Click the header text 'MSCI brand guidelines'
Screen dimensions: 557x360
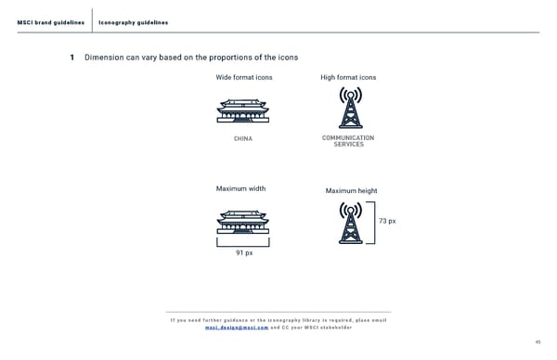pyautogui.click(x=51, y=22)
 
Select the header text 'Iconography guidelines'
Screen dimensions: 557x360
pyautogui.click(x=133, y=22)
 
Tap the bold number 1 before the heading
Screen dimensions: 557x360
pyautogui.click(x=72, y=58)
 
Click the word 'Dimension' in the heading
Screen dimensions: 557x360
pyautogui.click(x=104, y=58)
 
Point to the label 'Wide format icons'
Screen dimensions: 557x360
pyautogui.click(x=244, y=77)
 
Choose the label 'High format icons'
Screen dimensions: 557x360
pyautogui.click(x=348, y=77)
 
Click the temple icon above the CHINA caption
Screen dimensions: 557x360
pyautogui.click(x=243, y=110)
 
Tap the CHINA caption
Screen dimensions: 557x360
pyautogui.click(x=243, y=138)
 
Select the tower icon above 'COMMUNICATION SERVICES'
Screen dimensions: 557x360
pyautogui.click(x=351, y=108)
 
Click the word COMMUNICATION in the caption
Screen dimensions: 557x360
pyautogui.click(x=348, y=137)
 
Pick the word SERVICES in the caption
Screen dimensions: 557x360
pyautogui.click(x=348, y=144)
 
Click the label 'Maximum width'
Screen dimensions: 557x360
pyautogui.click(x=240, y=188)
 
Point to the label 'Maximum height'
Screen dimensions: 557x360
pyautogui.click(x=351, y=191)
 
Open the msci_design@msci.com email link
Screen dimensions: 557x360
pyautogui.click(x=237, y=328)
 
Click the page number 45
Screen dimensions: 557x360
pyautogui.click(x=538, y=341)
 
